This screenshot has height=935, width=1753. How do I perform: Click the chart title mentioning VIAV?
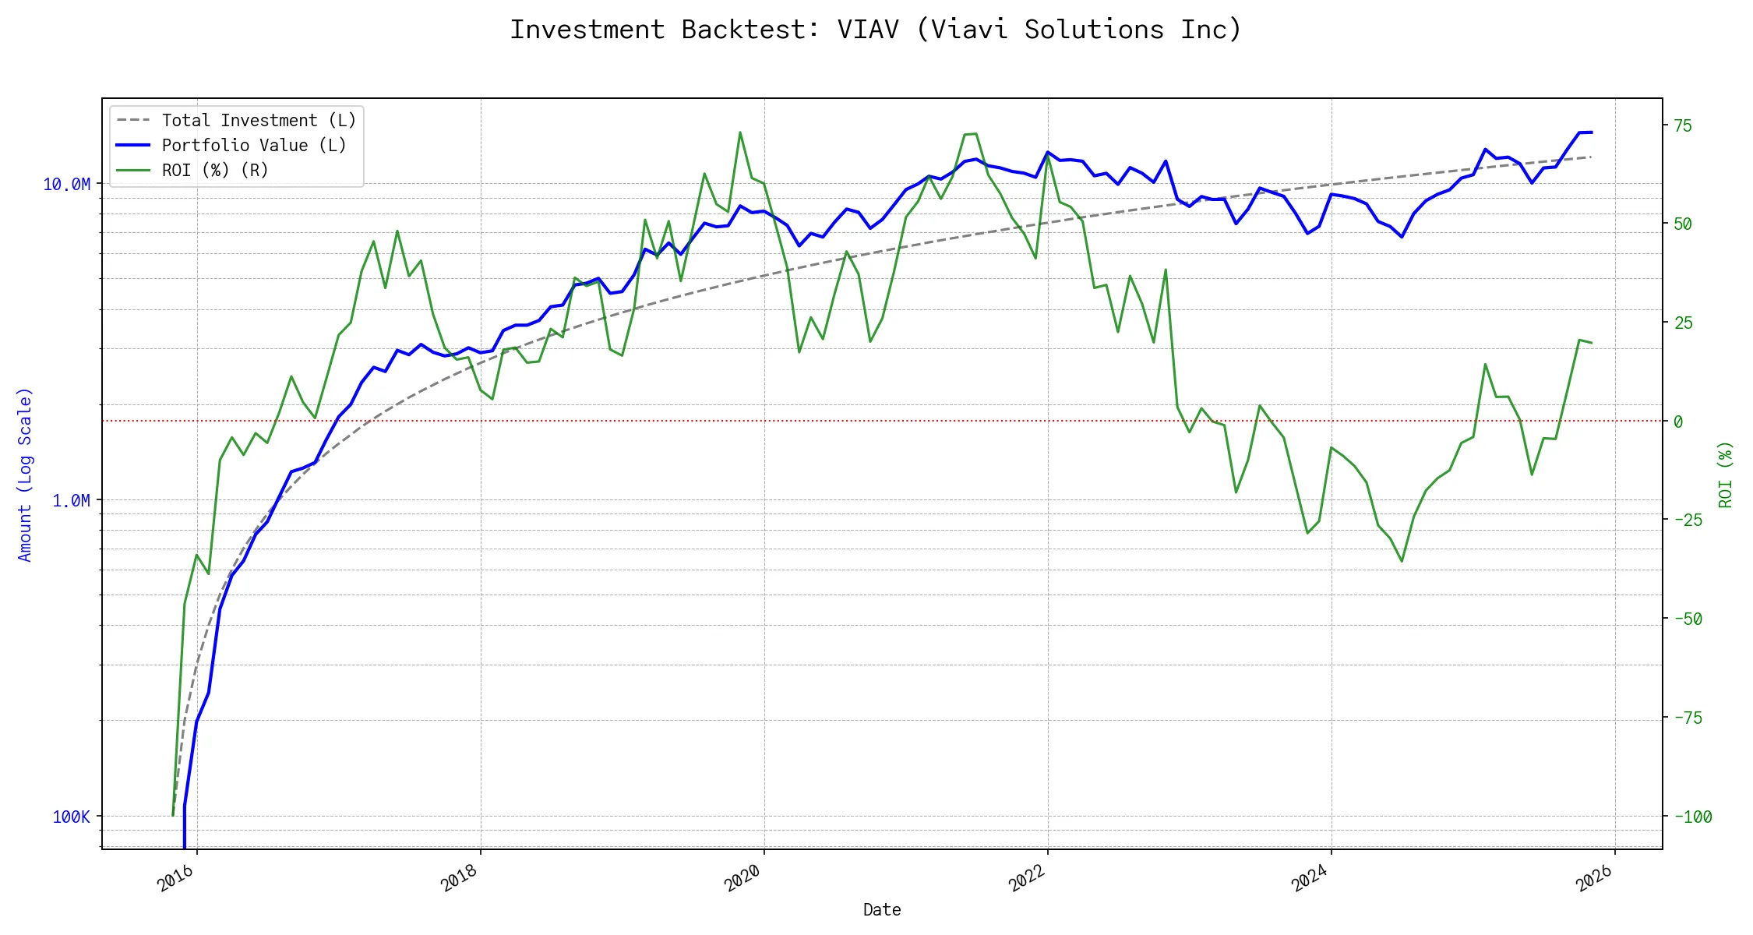click(876, 30)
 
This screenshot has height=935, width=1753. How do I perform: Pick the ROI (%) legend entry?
click(214, 171)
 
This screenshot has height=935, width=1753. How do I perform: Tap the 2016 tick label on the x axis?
click(175, 878)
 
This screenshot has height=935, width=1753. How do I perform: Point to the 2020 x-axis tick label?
click(742, 878)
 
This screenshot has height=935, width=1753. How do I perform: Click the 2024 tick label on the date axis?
click(1310, 878)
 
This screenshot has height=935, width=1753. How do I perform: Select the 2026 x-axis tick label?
click(1593, 878)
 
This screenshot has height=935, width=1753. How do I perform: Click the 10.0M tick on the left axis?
click(67, 185)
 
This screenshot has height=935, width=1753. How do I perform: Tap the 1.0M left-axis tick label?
click(72, 501)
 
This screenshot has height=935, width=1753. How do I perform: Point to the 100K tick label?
click(72, 817)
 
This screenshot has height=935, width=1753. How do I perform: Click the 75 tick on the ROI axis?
click(1683, 126)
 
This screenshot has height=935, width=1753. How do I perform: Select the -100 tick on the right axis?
click(1693, 817)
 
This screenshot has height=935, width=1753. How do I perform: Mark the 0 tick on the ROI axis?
click(1678, 422)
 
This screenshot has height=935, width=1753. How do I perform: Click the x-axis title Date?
click(882, 910)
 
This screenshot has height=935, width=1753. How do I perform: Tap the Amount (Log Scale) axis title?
click(25, 475)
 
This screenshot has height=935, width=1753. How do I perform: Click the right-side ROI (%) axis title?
click(1726, 475)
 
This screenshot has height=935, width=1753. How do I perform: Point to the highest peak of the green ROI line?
click(740, 132)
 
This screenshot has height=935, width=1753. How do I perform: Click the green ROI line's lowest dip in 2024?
click(1402, 561)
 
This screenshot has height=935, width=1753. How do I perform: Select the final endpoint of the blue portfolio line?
click(1591, 132)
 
